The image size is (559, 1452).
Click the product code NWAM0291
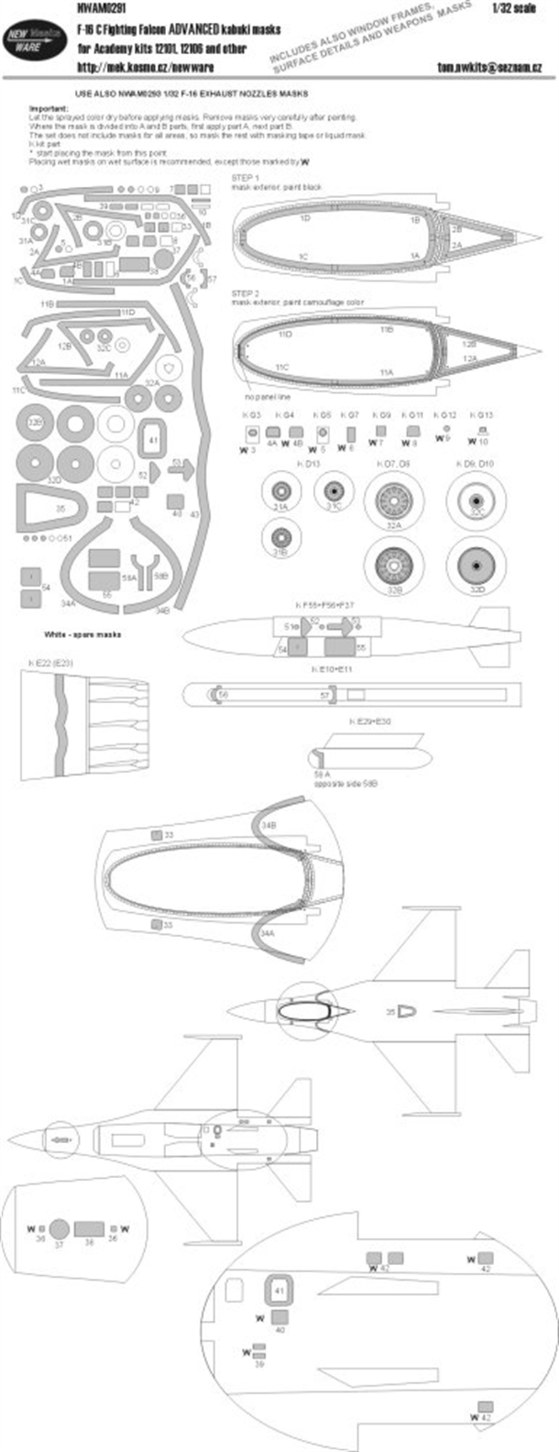[x=95, y=9]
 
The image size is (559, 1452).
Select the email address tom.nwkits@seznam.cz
[x=488, y=67]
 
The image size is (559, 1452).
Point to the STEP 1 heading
[x=245, y=178]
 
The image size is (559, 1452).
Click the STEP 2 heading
[x=245, y=294]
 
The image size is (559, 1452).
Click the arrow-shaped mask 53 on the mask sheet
[x=181, y=469]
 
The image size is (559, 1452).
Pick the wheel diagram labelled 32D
[x=476, y=566]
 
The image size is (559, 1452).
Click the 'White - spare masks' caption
[x=82, y=634]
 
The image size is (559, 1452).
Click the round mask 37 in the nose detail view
[x=59, y=1227]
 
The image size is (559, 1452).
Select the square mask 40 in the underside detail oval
[x=280, y=1316]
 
